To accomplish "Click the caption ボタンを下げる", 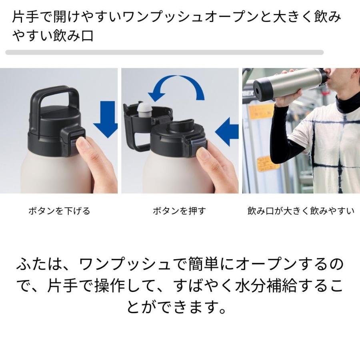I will (59, 211).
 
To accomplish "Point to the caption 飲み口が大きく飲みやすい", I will (301, 211).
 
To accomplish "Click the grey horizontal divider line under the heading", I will (164, 52).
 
